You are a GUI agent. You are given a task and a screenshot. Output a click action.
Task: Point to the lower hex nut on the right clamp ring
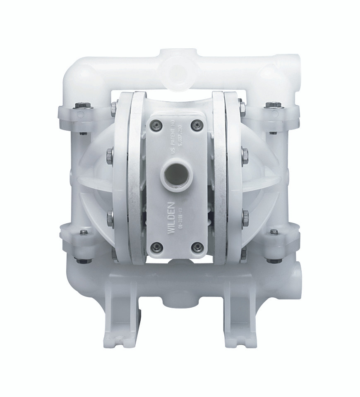246,215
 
